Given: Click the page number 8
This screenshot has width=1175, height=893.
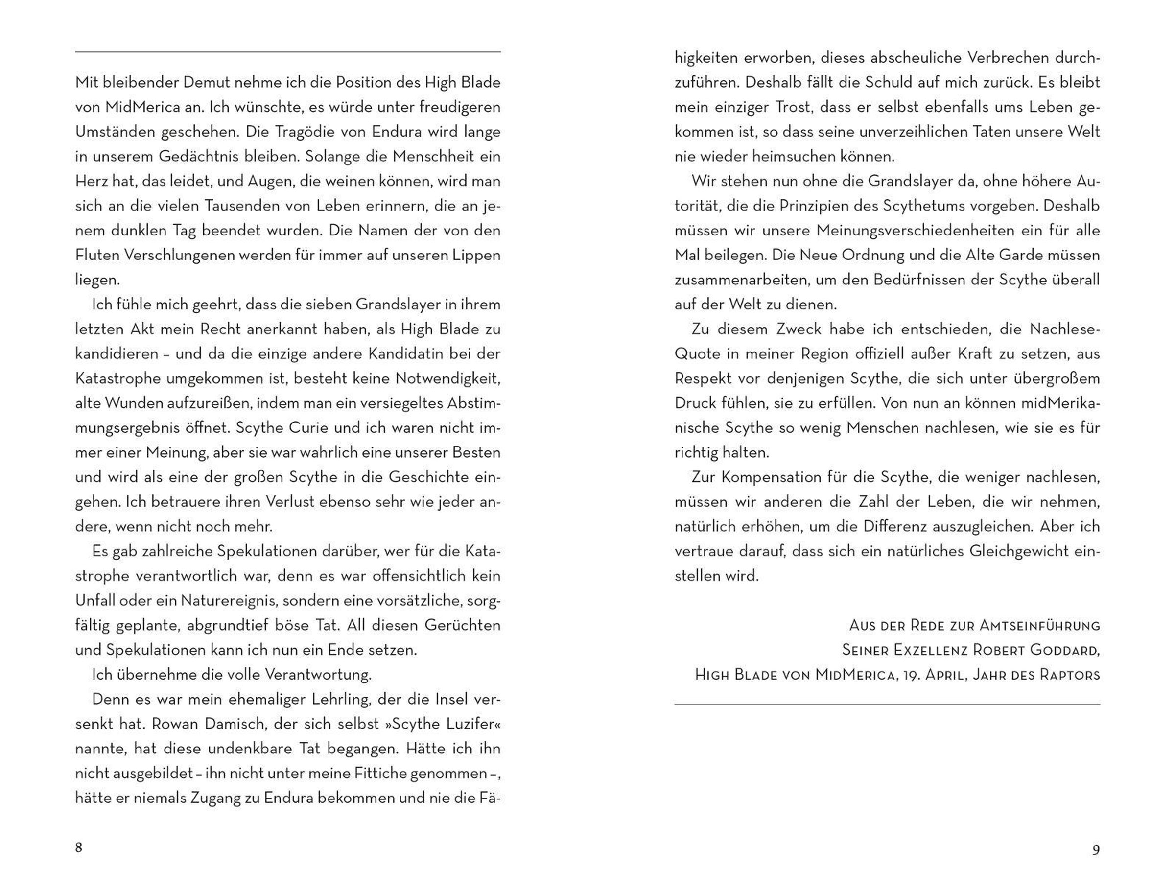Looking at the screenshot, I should [x=79, y=847].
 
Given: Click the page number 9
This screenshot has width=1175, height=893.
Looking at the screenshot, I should [x=1095, y=850].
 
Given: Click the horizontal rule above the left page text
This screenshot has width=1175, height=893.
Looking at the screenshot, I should [x=287, y=52].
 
